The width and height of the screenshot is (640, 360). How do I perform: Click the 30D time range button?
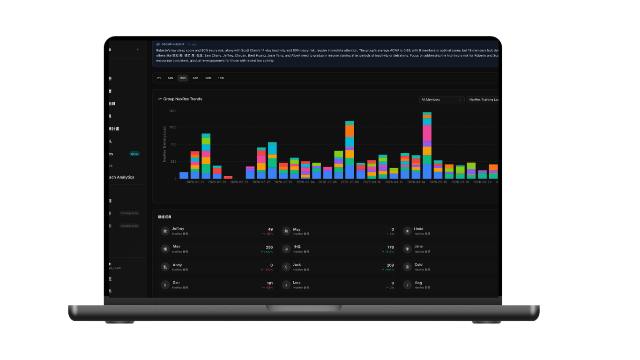[183, 78]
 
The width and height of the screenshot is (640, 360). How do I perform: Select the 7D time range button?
[159, 78]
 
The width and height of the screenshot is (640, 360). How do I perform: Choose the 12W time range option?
[221, 78]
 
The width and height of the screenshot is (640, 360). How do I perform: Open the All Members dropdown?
[441, 99]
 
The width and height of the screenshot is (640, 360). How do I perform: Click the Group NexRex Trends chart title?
[183, 99]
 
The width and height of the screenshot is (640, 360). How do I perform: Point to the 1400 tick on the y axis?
[172, 111]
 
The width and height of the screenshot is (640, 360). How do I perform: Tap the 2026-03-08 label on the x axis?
[350, 182]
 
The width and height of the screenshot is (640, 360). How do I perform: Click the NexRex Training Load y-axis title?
[164, 144]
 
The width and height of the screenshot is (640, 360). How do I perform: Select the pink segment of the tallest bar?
[427, 133]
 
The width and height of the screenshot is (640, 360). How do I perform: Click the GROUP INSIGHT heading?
[172, 44]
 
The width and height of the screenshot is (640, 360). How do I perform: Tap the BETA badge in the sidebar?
[134, 154]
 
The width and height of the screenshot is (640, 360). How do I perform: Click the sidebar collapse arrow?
[138, 49]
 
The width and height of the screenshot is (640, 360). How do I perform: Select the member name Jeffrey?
[178, 229]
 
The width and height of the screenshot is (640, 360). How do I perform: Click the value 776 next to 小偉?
[390, 247]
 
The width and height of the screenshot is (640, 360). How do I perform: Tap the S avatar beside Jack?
[286, 267]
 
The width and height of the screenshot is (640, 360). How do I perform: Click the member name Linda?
[418, 229]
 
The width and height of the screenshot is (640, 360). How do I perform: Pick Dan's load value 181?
[269, 283]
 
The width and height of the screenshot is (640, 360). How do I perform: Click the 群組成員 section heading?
[164, 217]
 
